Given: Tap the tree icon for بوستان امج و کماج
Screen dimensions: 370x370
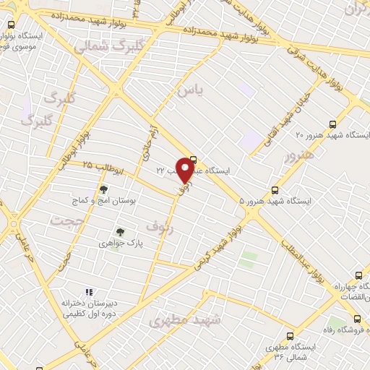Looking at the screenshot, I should click(x=103, y=189).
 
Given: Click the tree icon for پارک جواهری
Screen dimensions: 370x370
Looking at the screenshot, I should click(x=120, y=232).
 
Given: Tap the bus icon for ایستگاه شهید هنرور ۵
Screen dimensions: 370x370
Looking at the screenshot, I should click(x=274, y=190).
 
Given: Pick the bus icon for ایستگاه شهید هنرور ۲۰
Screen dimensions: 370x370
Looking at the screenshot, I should click(x=332, y=124).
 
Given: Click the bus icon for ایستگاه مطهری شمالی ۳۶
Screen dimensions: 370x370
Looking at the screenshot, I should click(x=291, y=335).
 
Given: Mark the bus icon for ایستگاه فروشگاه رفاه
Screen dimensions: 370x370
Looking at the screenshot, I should click(x=357, y=319).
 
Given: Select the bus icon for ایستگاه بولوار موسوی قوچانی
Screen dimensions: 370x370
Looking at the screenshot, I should click(x=9, y=24).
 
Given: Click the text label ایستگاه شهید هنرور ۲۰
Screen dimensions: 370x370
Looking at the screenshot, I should click(x=332, y=136).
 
